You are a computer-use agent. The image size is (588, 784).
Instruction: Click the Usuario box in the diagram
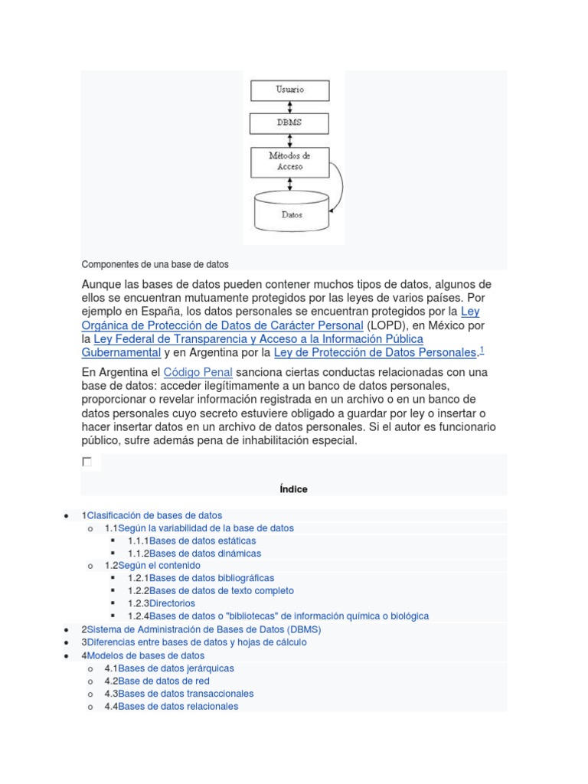pos(289,90)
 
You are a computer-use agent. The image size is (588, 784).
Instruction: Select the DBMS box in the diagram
pos(289,123)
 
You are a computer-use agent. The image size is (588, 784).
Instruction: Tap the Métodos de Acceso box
pos(289,161)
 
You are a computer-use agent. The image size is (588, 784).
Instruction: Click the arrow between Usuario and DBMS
pos(289,107)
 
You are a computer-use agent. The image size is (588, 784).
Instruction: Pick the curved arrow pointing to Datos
pos(338,184)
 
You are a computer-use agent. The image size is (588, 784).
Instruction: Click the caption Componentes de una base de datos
pos(155,264)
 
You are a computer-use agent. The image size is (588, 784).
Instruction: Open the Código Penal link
pos(198,372)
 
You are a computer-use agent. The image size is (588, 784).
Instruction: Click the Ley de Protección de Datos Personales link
pos(374,352)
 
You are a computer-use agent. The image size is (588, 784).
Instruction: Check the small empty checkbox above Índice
pos(87,462)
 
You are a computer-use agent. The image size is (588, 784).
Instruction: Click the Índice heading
pos(294,489)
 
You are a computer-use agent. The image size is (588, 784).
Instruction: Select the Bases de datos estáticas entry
pos(191,541)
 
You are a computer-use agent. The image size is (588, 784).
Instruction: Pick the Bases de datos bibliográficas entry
pos(211,578)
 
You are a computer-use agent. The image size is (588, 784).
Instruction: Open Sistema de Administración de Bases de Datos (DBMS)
pos(204,629)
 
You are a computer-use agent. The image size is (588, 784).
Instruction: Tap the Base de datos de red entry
pos(164,681)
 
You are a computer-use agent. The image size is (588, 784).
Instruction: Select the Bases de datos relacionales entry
pos(178,706)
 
